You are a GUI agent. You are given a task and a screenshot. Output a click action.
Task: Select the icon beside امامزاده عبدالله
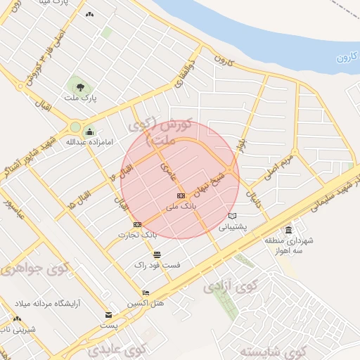click(89, 131)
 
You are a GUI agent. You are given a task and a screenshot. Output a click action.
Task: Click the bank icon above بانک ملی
click(181, 195)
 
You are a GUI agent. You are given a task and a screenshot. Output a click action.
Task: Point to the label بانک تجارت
click(138, 235)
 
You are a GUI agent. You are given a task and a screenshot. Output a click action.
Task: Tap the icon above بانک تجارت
click(137, 224)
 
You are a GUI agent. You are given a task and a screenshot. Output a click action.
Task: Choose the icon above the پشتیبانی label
click(233, 216)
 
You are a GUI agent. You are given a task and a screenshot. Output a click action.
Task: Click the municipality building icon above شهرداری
click(288, 230)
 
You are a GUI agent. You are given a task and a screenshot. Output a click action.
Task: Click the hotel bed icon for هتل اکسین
click(146, 292)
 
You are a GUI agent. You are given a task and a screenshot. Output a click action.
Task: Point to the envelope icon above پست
click(108, 315)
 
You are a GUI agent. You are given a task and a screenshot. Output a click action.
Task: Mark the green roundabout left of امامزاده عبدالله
click(75, 127)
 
